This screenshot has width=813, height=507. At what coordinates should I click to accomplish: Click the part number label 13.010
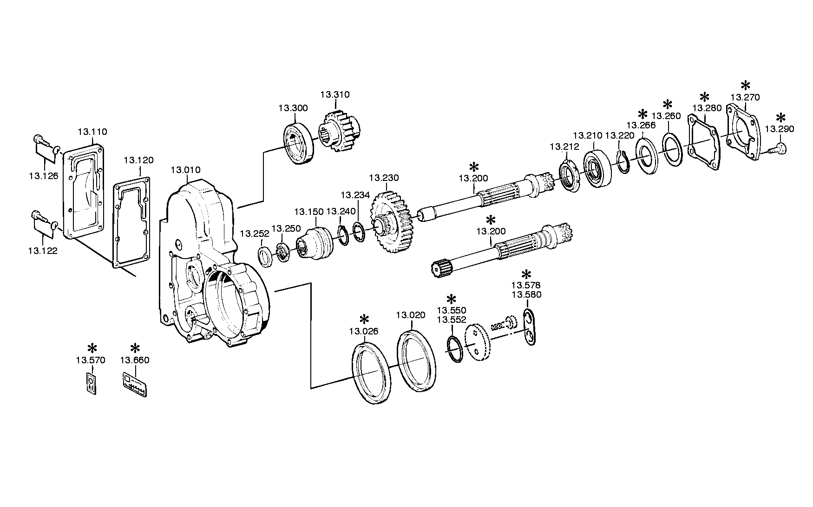click(x=185, y=170)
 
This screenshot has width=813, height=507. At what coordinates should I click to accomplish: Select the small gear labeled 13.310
click(x=339, y=130)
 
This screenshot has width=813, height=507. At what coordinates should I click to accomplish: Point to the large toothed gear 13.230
click(x=391, y=224)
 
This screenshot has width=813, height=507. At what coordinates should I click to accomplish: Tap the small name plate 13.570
click(x=92, y=383)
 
